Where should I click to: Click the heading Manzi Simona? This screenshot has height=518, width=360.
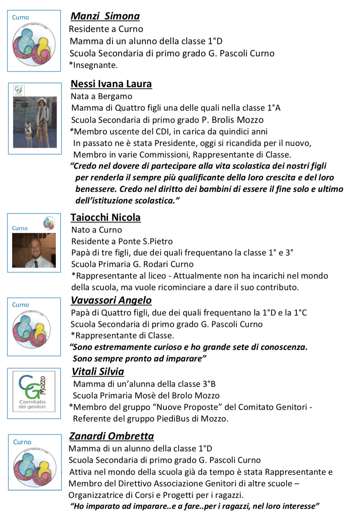click(x=105, y=16)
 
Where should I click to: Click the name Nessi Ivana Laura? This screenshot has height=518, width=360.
click(x=111, y=84)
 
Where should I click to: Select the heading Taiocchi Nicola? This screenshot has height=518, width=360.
click(x=105, y=217)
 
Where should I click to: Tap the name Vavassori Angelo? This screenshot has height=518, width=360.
click(x=111, y=300)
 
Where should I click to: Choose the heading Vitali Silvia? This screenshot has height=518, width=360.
click(x=98, y=372)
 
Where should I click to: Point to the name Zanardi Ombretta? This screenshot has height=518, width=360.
click(x=111, y=436)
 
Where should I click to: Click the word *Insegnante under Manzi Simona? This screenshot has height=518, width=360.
click(x=93, y=65)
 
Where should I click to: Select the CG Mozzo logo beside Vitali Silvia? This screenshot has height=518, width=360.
click(x=34, y=391)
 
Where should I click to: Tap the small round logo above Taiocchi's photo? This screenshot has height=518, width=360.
click(x=49, y=223)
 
